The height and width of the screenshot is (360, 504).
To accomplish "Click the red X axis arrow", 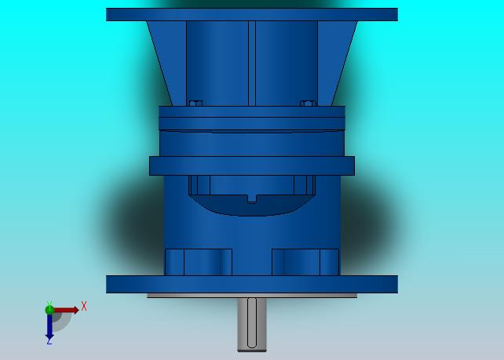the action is pos(66,311).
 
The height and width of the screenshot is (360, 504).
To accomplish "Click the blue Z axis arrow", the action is pos(49,326).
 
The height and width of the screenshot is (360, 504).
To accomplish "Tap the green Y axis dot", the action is pos(49,310).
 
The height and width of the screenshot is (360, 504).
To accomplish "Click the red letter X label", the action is pos(84,306).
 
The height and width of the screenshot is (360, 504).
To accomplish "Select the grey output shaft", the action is pos(252,325).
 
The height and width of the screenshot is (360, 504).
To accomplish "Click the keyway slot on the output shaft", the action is pos(252,323).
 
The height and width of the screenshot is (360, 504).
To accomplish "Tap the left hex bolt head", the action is pos(195,103).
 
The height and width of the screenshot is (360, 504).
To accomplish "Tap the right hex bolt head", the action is pos(307,103).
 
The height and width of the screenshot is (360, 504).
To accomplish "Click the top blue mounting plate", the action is pos(252,15).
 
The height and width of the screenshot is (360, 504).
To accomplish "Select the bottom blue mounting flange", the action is pos(252,284).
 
